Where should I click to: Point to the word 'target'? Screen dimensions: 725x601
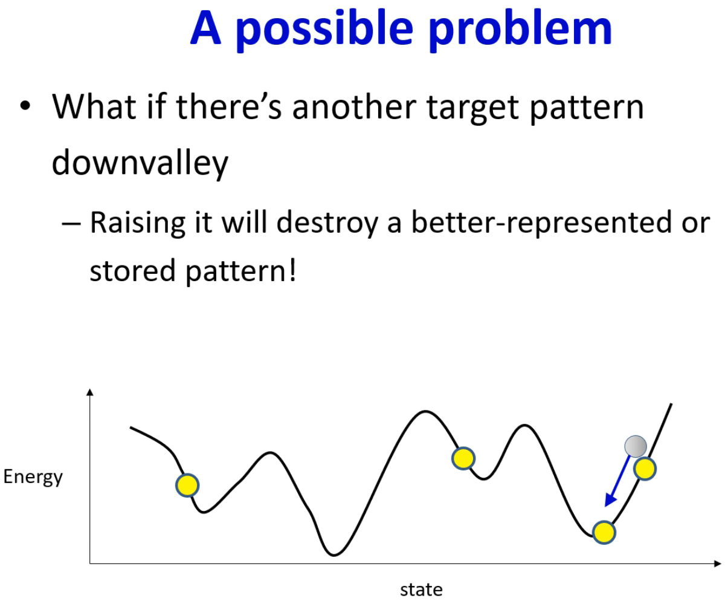tap(472, 109)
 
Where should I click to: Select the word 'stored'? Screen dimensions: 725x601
tap(133, 270)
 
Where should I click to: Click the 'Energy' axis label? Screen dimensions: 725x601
tap(33, 477)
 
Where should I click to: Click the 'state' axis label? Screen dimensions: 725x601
tap(421, 590)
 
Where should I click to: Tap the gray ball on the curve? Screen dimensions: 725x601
tap(636, 446)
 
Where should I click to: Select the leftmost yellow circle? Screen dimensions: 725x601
tap(187, 486)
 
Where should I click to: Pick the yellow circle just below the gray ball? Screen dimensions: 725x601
tap(645, 469)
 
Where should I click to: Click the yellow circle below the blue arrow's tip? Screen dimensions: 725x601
tap(604, 533)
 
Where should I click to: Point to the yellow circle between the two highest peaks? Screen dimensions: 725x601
tap(463, 458)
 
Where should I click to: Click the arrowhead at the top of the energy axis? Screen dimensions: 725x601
tap(90, 392)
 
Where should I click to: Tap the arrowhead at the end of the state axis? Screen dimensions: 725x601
tap(717, 564)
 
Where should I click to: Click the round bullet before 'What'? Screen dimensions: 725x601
tap(25, 106)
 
